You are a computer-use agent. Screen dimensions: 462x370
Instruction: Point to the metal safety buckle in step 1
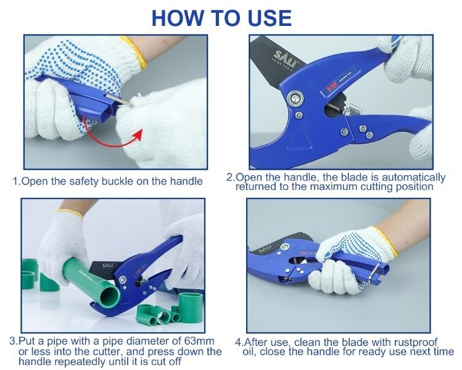(119, 100)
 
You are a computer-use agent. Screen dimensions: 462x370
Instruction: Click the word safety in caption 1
(83, 181)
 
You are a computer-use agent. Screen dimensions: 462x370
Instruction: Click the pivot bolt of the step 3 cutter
(122, 278)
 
